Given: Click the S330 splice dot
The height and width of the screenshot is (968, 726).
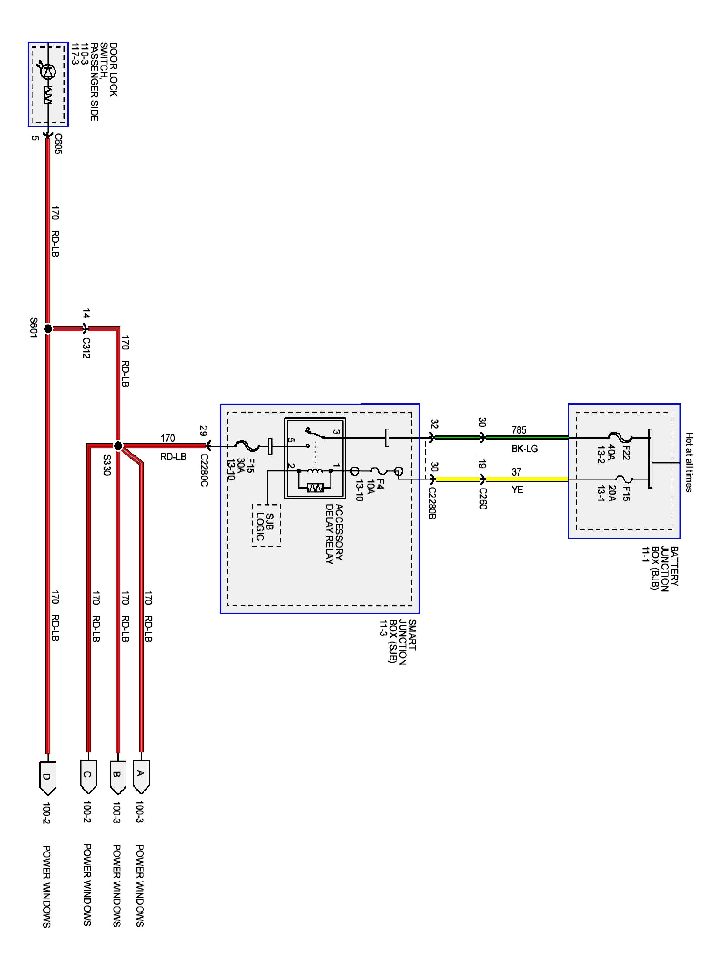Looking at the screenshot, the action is pyautogui.click(x=118, y=446).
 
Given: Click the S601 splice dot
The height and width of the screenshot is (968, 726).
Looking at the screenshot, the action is pyautogui.click(x=48, y=328).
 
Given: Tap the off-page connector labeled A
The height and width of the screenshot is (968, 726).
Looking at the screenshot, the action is pyautogui.click(x=141, y=776).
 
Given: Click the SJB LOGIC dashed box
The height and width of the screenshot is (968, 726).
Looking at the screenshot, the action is pyautogui.click(x=267, y=525).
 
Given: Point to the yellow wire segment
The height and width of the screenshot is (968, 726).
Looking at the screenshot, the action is pyautogui.click(x=502, y=479).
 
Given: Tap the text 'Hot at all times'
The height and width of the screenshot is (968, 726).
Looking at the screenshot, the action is pyautogui.click(x=689, y=462).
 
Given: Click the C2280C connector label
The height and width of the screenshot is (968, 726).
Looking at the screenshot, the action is pyautogui.click(x=204, y=470).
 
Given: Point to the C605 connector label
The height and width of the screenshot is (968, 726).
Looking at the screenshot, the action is pyautogui.click(x=58, y=144).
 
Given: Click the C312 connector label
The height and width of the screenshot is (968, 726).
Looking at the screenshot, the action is pyautogui.click(x=86, y=348).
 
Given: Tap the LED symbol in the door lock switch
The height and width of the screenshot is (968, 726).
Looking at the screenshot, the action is pyautogui.click(x=48, y=71).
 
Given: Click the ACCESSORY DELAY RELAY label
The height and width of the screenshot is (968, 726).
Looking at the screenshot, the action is pyautogui.click(x=334, y=534).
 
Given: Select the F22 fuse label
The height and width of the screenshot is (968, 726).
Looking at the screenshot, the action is pyautogui.click(x=627, y=452).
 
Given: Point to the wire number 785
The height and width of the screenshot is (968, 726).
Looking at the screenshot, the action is pyautogui.click(x=519, y=430).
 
